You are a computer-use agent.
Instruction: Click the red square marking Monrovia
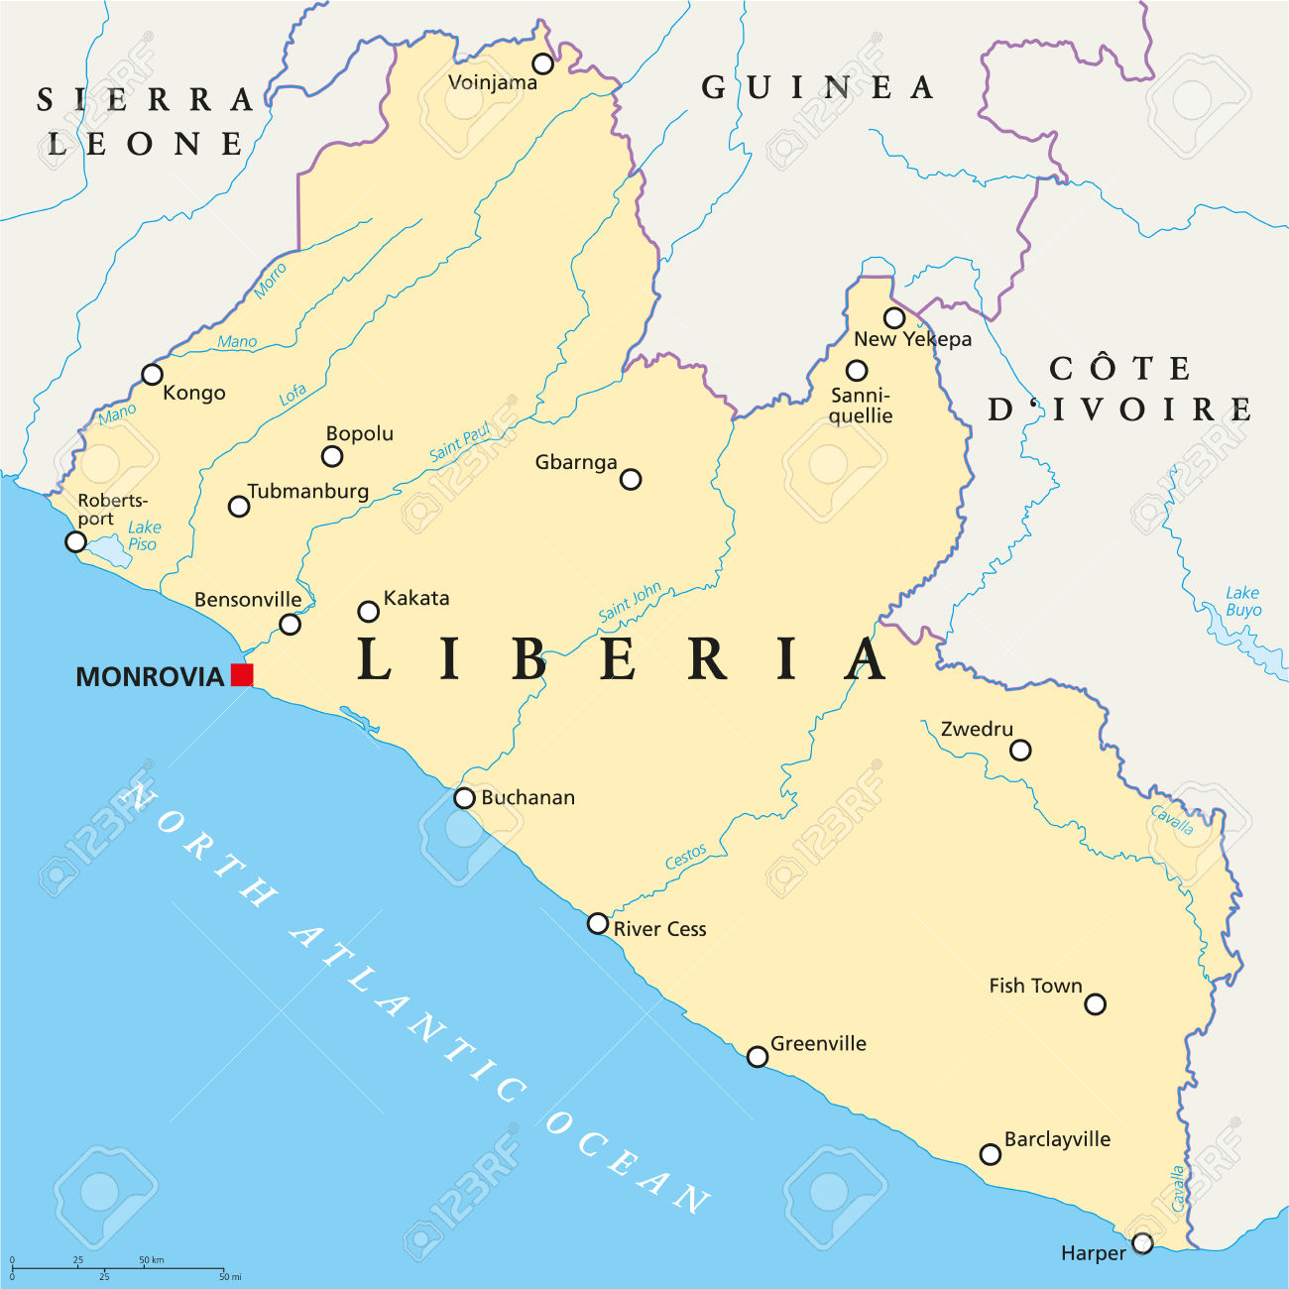[x=242, y=675]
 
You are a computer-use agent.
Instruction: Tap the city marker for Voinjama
[x=542, y=64]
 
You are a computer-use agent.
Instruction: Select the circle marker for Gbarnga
[x=631, y=480]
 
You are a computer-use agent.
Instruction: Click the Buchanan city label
[x=527, y=798]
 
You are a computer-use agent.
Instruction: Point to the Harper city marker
[x=1142, y=1243]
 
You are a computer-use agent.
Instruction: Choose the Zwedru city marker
[x=1020, y=751]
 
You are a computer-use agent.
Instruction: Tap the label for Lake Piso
[x=144, y=535]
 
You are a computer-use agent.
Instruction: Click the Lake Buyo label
[x=1242, y=601]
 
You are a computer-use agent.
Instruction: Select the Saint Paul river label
[x=460, y=442]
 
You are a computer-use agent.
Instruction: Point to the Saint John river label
[x=630, y=603]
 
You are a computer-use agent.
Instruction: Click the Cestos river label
[x=686, y=857]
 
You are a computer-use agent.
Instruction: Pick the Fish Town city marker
[x=1095, y=1004]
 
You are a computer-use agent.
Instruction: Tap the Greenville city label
[x=818, y=1043]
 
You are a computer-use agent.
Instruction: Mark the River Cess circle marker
[x=597, y=924]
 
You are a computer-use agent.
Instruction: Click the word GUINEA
[x=818, y=88]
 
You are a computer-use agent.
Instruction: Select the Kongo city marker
[x=152, y=375]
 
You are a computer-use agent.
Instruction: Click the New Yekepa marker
[x=894, y=318]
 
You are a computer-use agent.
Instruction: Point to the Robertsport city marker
[x=75, y=541]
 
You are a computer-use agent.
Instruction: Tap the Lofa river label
[x=293, y=396]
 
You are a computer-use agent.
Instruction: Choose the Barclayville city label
[x=1057, y=1140]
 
